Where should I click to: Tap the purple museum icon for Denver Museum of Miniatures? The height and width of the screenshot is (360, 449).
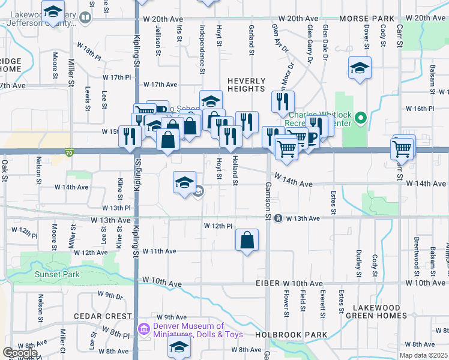pos(143,329)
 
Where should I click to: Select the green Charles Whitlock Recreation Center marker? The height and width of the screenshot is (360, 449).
pos(360,118)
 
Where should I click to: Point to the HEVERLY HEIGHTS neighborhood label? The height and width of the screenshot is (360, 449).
pos(246,85)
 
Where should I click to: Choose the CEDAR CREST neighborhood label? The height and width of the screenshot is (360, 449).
pos(103,316)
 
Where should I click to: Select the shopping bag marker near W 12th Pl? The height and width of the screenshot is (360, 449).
pos(247,241)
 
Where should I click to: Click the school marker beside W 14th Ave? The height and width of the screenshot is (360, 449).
pos(185,183)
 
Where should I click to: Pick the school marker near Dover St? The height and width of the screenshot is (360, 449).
pos(360,68)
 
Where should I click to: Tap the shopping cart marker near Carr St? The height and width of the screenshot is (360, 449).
pos(402,147)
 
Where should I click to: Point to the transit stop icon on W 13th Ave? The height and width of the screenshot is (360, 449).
pos(279,218)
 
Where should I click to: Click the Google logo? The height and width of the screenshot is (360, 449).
pos(20,353)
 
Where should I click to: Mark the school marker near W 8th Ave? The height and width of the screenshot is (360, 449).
pos(179,347)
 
